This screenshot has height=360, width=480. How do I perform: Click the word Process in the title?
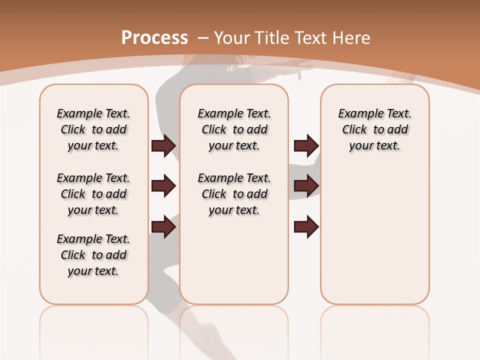(x=154, y=37)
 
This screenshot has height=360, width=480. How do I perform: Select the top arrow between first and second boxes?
(x=163, y=146)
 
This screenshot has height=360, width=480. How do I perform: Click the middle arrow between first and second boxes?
(x=163, y=186)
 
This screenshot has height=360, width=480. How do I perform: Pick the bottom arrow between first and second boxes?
(x=163, y=227)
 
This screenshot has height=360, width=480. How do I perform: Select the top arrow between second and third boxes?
(x=306, y=146)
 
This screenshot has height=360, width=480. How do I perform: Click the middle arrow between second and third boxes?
(x=306, y=186)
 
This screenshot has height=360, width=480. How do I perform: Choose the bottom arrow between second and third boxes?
(x=306, y=227)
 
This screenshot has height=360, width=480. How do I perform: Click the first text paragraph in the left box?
(x=93, y=129)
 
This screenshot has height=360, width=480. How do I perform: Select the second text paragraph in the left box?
(x=93, y=194)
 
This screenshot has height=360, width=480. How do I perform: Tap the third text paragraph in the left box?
(x=93, y=255)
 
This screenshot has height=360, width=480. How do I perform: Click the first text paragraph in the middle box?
(x=234, y=129)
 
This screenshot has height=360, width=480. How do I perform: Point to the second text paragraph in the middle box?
(x=234, y=194)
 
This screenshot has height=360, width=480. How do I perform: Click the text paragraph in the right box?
(x=375, y=129)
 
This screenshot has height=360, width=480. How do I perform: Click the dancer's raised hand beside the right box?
(x=305, y=70)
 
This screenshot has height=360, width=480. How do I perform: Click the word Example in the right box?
(x=356, y=114)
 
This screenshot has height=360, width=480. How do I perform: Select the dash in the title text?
(x=203, y=37)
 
